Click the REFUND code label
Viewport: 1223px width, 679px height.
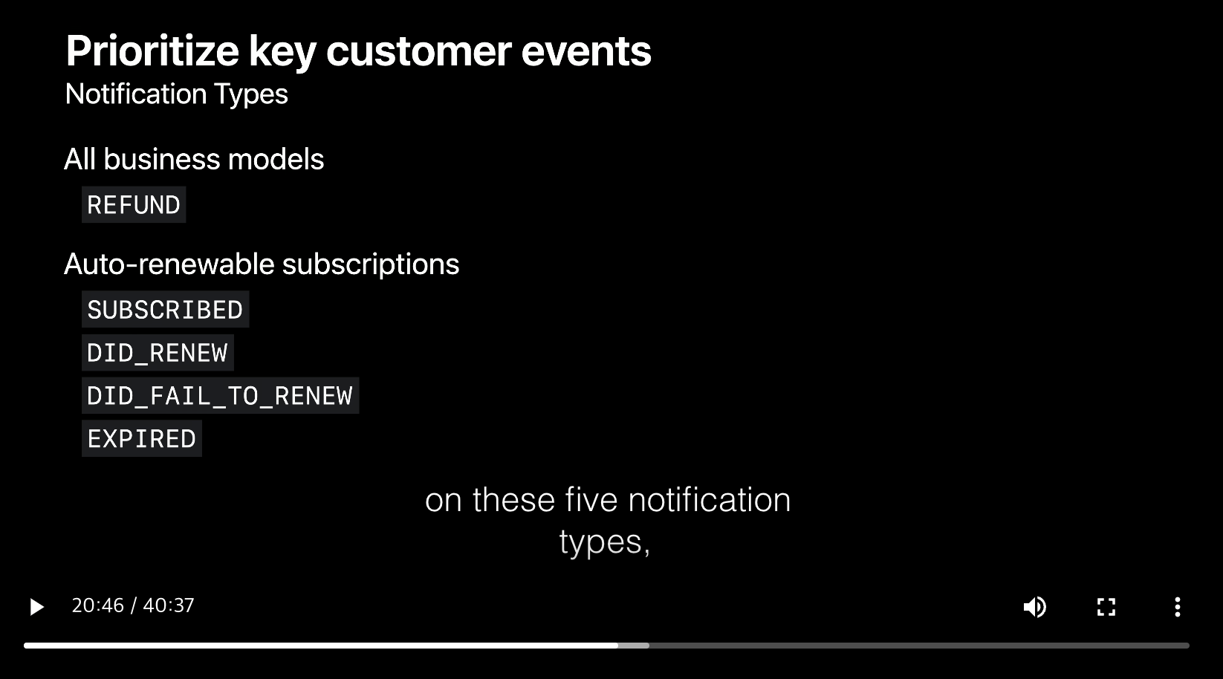pyautogui.click(x=134, y=205)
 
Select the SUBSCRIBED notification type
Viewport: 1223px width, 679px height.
pyautogui.click(x=166, y=310)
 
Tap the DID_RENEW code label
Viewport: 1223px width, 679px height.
pyautogui.click(x=158, y=353)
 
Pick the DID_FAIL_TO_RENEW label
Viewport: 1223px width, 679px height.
pyautogui.click(x=220, y=395)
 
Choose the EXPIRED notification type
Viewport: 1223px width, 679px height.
pyautogui.click(x=142, y=438)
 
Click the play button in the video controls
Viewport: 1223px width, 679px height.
pyautogui.click(x=36, y=606)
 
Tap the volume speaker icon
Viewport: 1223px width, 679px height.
pyautogui.click(x=1034, y=606)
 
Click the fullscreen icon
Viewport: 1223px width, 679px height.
pyautogui.click(x=1106, y=606)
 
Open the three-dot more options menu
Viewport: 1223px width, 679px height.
pyautogui.click(x=1178, y=606)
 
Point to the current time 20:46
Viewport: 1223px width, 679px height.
pyautogui.click(x=98, y=605)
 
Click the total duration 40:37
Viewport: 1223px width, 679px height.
pyautogui.click(x=169, y=605)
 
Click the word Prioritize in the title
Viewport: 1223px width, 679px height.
pyautogui.click(x=152, y=51)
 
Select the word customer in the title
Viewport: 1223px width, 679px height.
pyautogui.click(x=419, y=51)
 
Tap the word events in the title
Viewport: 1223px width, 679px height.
pyautogui.click(x=586, y=51)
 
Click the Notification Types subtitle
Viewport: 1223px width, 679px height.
pyautogui.click(x=176, y=94)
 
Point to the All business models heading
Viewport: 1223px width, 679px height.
pyautogui.click(x=194, y=160)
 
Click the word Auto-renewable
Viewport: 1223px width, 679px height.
pyautogui.click(x=169, y=264)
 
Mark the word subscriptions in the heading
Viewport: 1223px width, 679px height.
pyautogui.click(x=371, y=264)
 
